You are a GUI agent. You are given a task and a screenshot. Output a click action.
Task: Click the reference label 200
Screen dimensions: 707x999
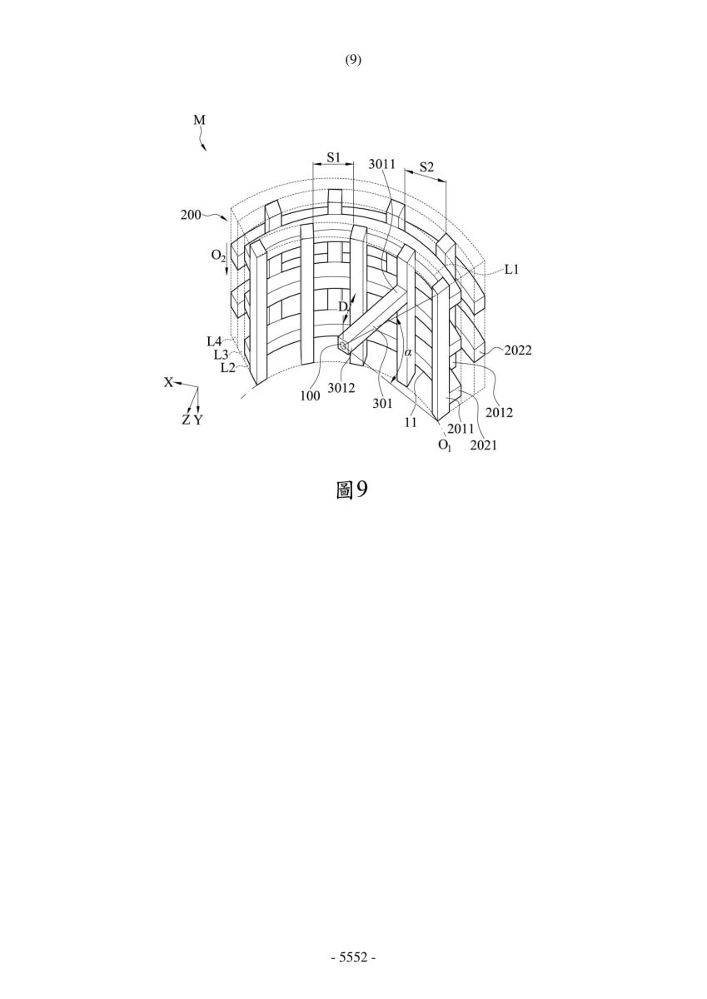point(191,215)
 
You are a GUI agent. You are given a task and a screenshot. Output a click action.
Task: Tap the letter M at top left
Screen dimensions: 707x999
point(199,120)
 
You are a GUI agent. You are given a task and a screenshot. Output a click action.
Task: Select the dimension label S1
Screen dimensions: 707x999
point(334,157)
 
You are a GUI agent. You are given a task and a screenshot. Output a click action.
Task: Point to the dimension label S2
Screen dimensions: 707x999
point(426,167)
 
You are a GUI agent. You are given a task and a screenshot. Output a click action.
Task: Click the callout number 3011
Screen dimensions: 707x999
point(382,164)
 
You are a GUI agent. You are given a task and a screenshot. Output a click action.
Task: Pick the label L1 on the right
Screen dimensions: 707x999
point(511,270)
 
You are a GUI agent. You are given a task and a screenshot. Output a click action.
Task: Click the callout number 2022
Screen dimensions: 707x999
point(518,350)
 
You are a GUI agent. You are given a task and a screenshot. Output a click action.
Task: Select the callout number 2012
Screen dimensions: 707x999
point(499,413)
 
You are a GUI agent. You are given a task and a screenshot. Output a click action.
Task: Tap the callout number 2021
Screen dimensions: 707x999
point(484,445)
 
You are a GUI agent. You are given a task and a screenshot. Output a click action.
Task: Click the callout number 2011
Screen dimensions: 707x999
point(461,429)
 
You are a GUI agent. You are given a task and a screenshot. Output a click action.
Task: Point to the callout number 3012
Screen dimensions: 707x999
point(341,388)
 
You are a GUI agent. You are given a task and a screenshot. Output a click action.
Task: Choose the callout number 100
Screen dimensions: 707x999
point(310,395)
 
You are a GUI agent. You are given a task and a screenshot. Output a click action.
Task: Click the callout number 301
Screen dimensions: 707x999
point(383,404)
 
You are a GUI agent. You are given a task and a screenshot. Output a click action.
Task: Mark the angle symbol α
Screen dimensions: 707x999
point(408,352)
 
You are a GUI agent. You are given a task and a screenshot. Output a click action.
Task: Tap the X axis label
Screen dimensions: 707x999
point(168,382)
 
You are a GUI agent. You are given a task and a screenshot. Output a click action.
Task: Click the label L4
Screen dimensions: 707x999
point(214,341)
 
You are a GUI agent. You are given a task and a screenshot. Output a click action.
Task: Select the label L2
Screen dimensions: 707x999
point(228,368)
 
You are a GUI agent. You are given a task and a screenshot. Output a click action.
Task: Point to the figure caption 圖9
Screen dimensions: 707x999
point(352,490)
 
